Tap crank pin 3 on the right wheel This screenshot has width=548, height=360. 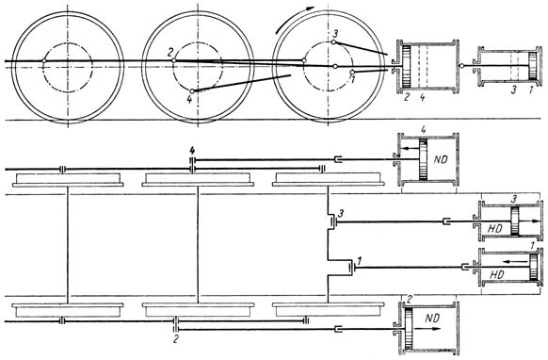click(333, 42)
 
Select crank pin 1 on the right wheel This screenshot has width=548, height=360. click(352, 72)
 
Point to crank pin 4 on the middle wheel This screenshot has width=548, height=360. click(192, 91)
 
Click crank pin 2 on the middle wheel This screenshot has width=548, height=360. click(173, 60)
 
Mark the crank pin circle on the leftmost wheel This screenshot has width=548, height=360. click(43, 61)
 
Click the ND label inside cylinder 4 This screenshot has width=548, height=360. click(441, 160)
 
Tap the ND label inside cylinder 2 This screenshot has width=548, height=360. click(432, 318)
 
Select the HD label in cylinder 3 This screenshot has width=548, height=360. click(494, 229)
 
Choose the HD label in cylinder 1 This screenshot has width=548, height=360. click(497, 275)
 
